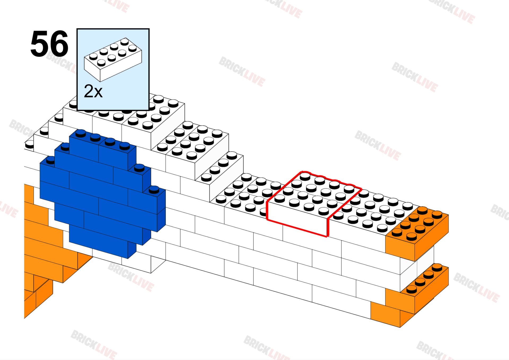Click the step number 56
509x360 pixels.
pyautogui.click(x=49, y=44)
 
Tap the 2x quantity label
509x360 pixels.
pyautogui.click(x=93, y=91)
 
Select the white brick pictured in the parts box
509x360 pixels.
pyautogui.click(x=113, y=60)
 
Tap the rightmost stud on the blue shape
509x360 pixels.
pyautogui.click(x=154, y=190)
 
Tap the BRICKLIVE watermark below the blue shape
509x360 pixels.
pyautogui.click(x=131, y=277)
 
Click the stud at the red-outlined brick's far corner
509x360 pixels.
pyautogui.click(x=305, y=176)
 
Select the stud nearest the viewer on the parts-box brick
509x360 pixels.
pyautogui.click(x=101, y=63)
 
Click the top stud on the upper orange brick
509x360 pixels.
pyautogui.click(x=422, y=210)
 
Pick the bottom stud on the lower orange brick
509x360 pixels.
pyautogui.click(x=412, y=290)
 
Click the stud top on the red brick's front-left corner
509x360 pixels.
pyautogui.click(x=280, y=198)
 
